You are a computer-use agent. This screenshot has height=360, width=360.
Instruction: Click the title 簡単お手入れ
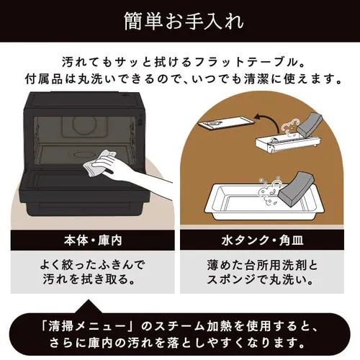click(x=179, y=17)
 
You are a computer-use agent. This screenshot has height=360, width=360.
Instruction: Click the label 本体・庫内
click(x=91, y=238)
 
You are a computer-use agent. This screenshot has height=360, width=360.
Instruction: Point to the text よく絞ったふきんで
click(x=91, y=264)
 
